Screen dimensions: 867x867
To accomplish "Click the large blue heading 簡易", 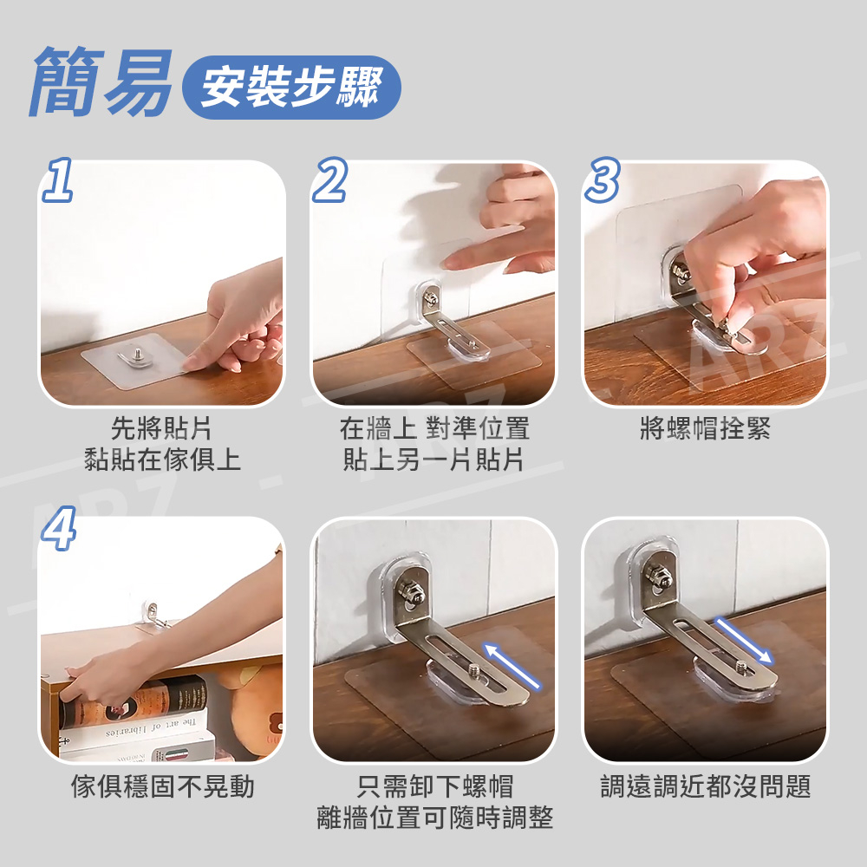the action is [100, 82].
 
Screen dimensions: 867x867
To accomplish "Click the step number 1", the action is [57, 179].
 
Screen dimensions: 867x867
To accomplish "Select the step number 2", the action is [330, 179].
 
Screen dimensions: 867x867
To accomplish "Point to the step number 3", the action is [603, 179].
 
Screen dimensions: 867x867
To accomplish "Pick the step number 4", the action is [59, 529].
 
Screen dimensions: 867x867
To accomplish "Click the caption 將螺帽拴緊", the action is [705, 428].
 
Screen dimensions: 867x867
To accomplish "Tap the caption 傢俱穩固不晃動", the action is [163, 786].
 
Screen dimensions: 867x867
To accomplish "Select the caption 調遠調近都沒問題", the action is [706, 786].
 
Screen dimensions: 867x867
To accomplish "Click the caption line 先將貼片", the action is [161, 428].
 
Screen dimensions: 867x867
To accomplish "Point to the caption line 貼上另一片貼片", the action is [433, 460].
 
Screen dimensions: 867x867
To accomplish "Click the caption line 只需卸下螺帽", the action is [434, 786].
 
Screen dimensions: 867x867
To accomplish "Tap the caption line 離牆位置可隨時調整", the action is [434, 818].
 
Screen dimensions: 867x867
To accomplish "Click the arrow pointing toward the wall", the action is [512, 665].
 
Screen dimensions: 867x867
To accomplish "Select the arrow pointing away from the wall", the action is [744, 641].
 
